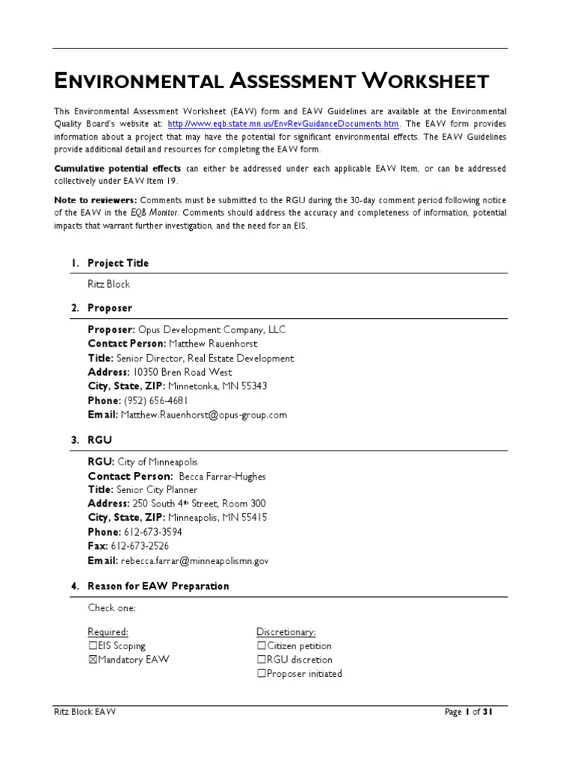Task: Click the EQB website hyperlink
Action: (284, 124)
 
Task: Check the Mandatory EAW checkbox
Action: (93, 660)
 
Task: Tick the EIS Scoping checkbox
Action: (93, 645)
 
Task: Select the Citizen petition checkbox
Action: (262, 645)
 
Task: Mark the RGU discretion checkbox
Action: (262, 660)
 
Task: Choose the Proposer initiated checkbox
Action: (262, 674)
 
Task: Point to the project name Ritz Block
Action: (108, 285)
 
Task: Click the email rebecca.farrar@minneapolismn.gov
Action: (196, 560)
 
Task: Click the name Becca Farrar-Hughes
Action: (223, 477)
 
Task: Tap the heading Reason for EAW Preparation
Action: (158, 586)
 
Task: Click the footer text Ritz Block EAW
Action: (84, 712)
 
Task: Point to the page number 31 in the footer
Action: (486, 712)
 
